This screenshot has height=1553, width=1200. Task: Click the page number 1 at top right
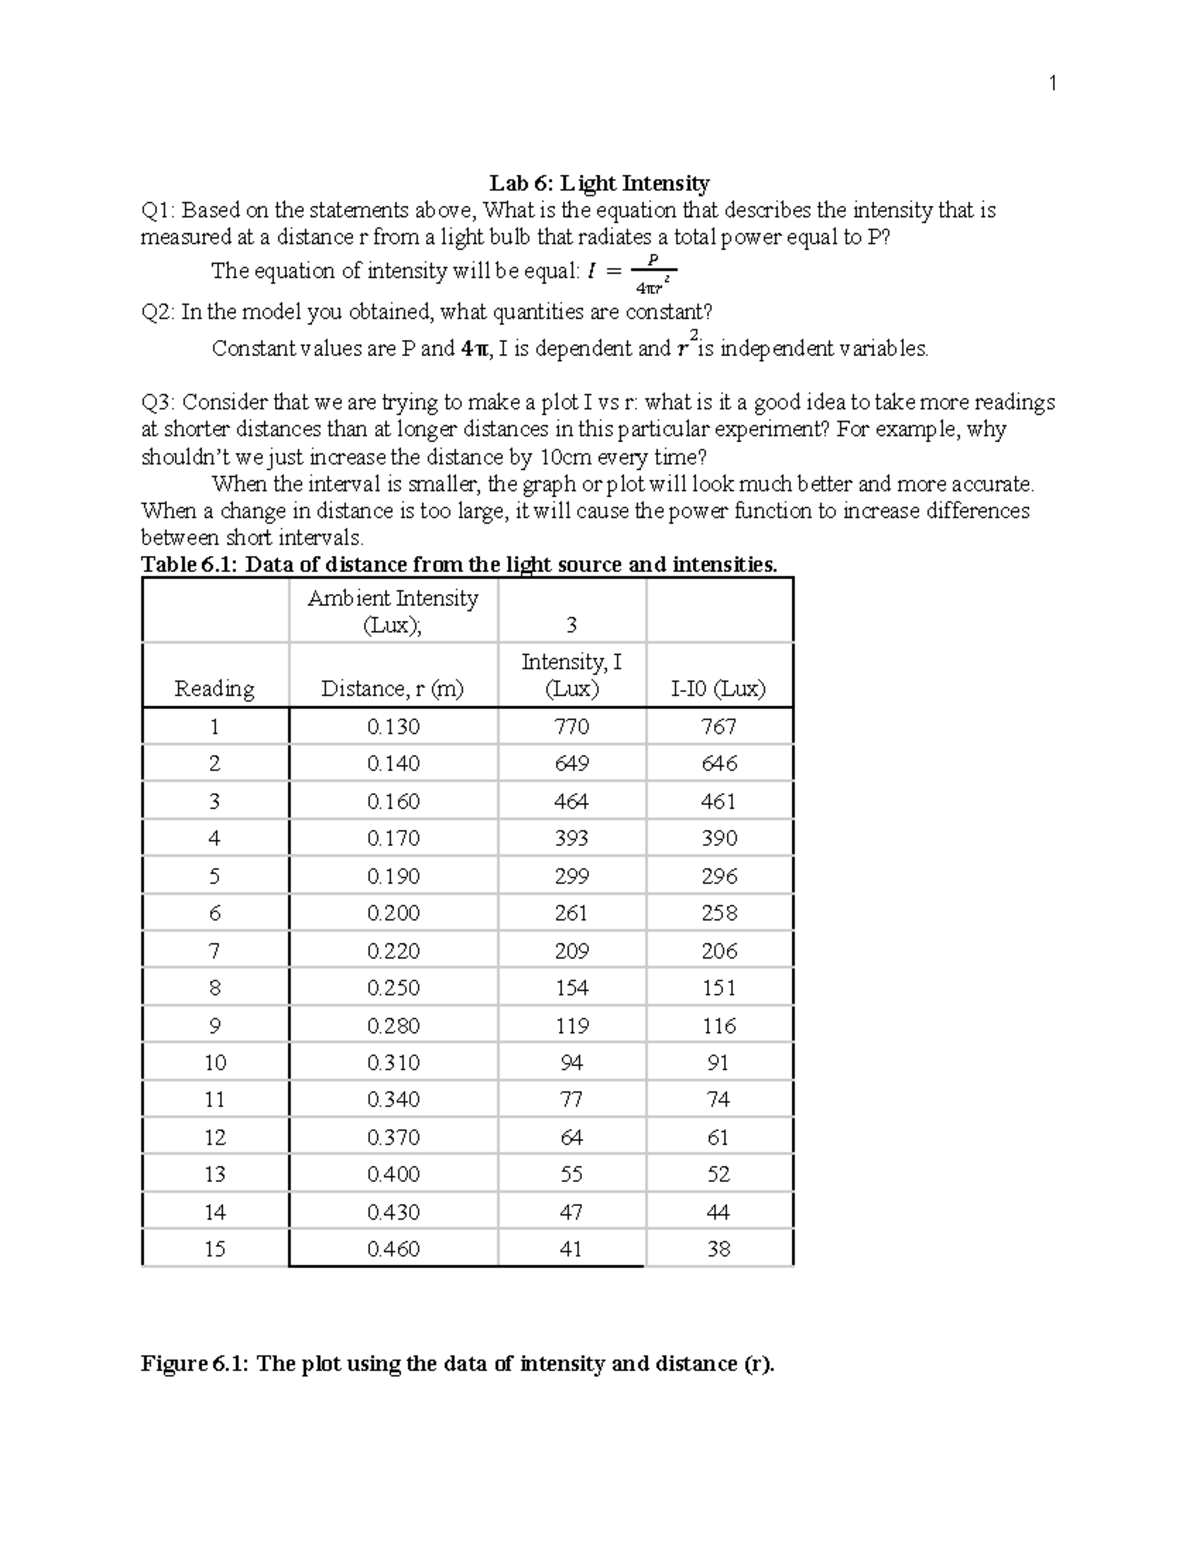coord(1052,84)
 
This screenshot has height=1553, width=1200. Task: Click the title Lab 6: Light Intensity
coord(599,183)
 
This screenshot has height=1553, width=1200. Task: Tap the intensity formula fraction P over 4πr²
coord(655,273)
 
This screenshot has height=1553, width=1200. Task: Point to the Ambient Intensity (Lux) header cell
coord(393,611)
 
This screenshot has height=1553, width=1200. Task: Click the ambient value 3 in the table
coord(571,626)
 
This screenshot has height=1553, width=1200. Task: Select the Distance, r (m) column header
coord(392,688)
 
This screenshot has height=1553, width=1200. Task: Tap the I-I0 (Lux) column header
coord(718,688)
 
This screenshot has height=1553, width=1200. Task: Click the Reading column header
coord(214,688)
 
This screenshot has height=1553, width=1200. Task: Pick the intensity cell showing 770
coord(572,727)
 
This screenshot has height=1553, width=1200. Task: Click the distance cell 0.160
coord(393,802)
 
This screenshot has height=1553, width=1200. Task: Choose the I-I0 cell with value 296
coord(719,877)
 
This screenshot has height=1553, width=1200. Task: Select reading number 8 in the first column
coord(214,988)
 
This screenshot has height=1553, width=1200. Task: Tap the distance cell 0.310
coord(393,1063)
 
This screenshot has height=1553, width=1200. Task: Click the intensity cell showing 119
coord(572,1026)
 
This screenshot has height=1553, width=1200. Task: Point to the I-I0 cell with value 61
coord(718,1138)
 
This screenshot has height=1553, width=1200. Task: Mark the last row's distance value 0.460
coord(393,1249)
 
